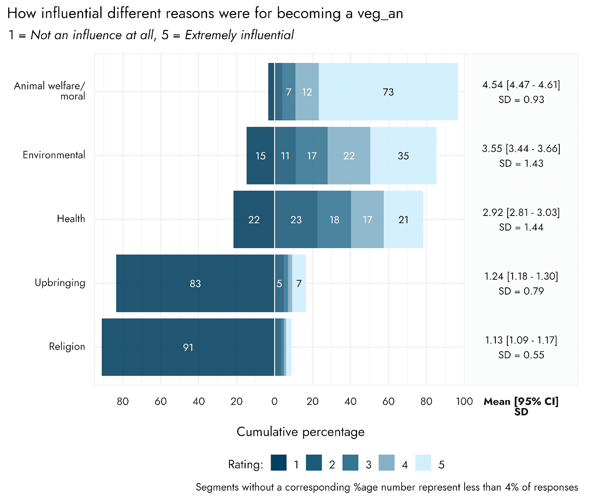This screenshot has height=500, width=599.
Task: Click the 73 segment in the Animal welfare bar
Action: click(388, 92)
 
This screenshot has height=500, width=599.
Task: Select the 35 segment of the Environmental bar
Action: click(403, 156)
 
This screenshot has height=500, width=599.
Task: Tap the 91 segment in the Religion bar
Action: click(188, 347)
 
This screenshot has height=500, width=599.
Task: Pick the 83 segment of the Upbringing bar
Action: click(195, 283)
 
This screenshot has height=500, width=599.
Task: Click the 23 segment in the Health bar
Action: click(296, 220)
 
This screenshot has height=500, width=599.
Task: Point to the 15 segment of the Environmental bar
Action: click(260, 156)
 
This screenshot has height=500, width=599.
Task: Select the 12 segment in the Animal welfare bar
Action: click(307, 92)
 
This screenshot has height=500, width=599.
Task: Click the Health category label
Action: click(71, 219)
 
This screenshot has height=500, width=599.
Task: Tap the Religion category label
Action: click(67, 346)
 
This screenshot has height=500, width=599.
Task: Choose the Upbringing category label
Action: click(60, 283)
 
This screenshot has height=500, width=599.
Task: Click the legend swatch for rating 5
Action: click(423, 463)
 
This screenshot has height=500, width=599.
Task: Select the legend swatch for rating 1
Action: click(279, 463)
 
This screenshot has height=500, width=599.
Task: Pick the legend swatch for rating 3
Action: click(350, 463)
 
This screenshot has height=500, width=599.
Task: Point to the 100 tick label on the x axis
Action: click(464, 401)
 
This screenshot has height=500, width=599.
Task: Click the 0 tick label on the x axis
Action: click(274, 401)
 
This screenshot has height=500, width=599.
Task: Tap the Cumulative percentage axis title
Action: click(300, 432)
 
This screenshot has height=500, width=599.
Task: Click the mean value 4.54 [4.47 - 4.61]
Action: click(521, 85)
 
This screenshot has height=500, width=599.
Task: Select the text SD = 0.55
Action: click(521, 355)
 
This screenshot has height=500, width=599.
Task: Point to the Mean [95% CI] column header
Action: click(521, 402)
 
